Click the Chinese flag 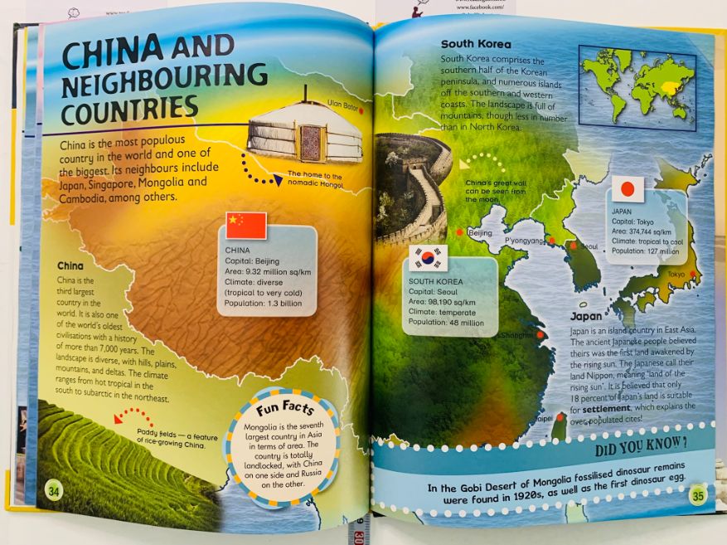tap(246, 226)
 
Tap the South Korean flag tap(429, 258)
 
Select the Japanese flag tap(627, 189)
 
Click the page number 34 tap(54, 489)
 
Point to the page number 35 tap(697, 496)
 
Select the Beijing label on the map tap(480, 233)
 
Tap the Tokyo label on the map tap(676, 275)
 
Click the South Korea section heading tap(476, 44)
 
